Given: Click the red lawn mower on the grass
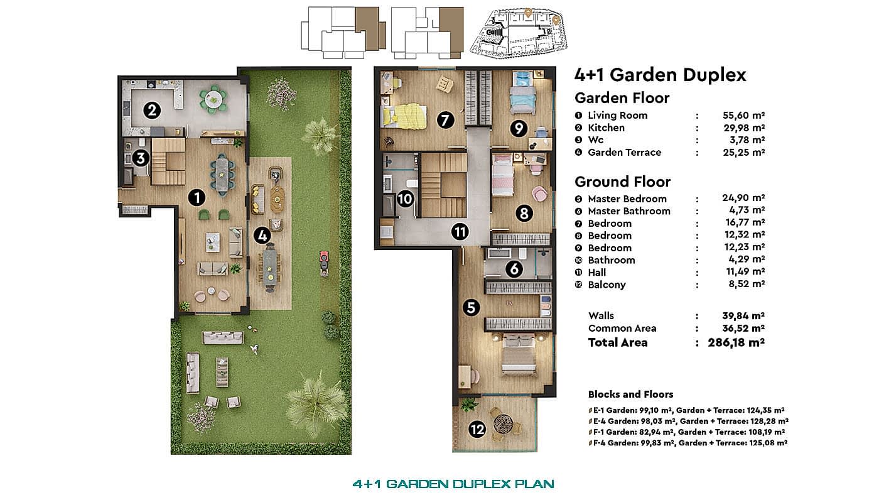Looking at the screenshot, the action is (x=324, y=263).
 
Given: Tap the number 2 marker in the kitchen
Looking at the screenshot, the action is (x=152, y=111).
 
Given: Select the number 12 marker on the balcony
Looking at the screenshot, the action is (x=477, y=429).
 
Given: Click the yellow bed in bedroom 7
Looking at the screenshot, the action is (x=404, y=116).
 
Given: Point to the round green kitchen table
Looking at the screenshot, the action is (x=213, y=99).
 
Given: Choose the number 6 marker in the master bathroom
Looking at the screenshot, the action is (x=514, y=269).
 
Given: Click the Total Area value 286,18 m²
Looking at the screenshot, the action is (x=736, y=343).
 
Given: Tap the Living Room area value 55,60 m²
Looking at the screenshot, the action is (x=743, y=116).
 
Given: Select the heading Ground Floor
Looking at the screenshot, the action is (x=623, y=182).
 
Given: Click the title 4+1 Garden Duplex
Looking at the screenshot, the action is (x=661, y=75).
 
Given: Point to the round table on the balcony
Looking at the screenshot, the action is (x=504, y=424).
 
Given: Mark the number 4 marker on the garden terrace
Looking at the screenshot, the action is (x=262, y=236).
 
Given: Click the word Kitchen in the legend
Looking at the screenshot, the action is (x=607, y=128).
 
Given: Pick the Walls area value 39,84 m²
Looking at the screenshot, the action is (x=743, y=316).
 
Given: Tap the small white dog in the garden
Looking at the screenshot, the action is (x=255, y=348).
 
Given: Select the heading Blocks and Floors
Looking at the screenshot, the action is (x=630, y=394).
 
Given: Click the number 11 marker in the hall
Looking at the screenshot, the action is (x=460, y=232).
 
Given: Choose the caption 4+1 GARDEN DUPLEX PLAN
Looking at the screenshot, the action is (x=453, y=484).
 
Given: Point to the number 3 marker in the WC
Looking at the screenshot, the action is (x=141, y=158).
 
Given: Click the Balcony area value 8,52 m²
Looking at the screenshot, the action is (x=747, y=284).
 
